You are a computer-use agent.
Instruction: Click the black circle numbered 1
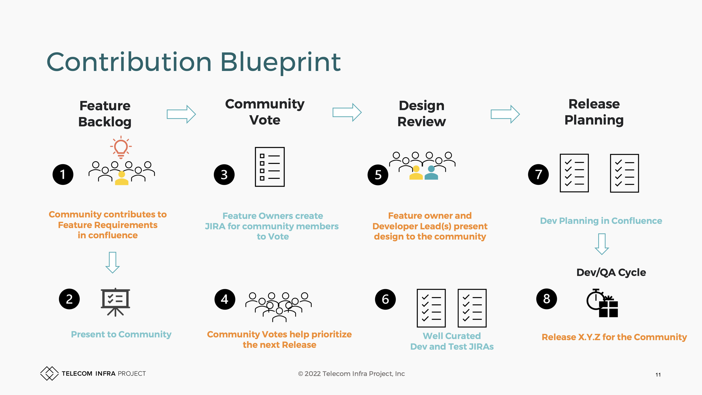[63, 174]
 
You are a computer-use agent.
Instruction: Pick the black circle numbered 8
[546, 299]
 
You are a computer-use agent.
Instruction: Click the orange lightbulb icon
[121, 147]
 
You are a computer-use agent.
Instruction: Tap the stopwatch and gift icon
[602, 303]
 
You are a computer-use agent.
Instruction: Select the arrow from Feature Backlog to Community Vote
[181, 114]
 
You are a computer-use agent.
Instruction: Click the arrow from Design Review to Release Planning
[505, 114]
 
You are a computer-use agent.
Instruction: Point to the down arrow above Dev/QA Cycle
[602, 244]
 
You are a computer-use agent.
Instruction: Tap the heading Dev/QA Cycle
[611, 272]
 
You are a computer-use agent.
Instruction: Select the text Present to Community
[121, 334]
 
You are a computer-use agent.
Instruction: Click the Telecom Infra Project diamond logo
[49, 373]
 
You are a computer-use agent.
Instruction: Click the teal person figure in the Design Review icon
[431, 173]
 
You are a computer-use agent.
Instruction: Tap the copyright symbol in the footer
[301, 374]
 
